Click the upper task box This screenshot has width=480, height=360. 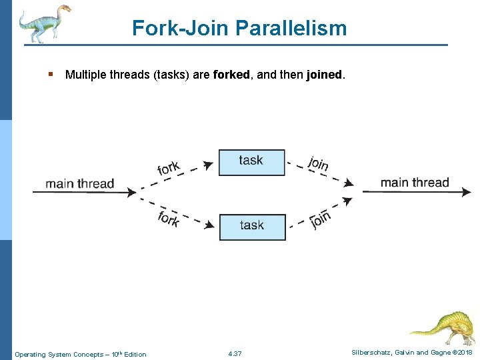point(251,162)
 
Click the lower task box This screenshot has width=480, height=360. point(252,227)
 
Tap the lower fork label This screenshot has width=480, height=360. point(169,218)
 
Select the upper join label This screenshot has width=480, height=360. point(319,163)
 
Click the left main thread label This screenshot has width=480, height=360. point(80,183)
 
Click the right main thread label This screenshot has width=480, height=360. point(415,182)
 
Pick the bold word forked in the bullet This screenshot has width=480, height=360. point(233,75)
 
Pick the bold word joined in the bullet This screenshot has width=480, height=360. point(324,75)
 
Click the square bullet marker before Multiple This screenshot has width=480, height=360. point(51,75)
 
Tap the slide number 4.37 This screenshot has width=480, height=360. point(235,353)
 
